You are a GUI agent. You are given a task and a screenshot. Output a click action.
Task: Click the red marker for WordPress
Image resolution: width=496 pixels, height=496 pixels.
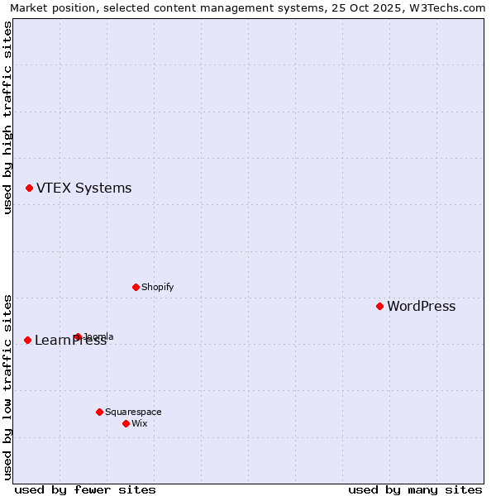point(379,306)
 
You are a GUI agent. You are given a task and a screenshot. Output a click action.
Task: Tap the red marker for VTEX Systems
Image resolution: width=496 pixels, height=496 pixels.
point(29,188)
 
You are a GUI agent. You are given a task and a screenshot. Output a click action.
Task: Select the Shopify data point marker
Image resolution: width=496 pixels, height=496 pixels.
point(136,287)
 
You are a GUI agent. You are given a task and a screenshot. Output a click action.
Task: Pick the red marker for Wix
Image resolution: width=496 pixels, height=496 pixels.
point(126,423)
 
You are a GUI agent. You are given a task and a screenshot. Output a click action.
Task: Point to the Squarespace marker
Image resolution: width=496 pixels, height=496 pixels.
point(99,412)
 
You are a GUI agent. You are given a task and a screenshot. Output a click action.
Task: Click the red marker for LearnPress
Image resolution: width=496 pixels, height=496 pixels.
point(27,340)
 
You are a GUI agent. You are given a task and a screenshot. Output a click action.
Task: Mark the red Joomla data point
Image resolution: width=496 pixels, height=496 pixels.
point(78,336)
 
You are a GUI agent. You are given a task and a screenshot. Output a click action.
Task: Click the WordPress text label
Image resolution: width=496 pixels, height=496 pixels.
point(421,307)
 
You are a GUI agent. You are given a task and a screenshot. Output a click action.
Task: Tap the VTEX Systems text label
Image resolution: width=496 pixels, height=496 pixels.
point(83,188)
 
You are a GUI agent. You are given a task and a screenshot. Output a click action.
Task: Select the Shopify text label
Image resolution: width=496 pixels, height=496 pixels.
point(157,287)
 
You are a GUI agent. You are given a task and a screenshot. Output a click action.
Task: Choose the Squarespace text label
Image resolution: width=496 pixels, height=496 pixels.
point(133,412)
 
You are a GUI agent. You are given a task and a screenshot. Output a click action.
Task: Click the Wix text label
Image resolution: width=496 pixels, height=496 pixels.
point(139,423)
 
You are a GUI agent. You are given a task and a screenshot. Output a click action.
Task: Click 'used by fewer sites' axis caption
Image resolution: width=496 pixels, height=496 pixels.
point(85,489)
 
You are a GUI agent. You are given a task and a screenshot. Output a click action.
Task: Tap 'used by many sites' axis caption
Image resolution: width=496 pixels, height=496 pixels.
point(415,489)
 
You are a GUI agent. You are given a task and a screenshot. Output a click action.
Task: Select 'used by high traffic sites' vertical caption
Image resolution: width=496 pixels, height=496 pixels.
point(7,117)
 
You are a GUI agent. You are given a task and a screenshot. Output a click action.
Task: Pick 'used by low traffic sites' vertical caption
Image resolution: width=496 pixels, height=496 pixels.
point(7,386)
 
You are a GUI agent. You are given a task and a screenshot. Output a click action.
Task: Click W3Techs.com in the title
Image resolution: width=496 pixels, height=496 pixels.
point(446,8)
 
